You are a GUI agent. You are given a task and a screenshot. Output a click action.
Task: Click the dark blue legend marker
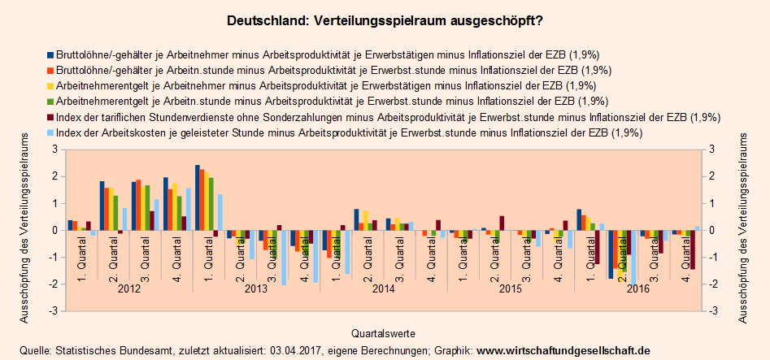pyautogui.click(x=50, y=55)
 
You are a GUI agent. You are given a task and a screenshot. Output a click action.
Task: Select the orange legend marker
pyautogui.click(x=50, y=71)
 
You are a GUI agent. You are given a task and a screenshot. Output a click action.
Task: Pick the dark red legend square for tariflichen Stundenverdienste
pyautogui.click(x=50, y=117)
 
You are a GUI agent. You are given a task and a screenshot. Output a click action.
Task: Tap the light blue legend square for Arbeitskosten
pyautogui.click(x=50, y=132)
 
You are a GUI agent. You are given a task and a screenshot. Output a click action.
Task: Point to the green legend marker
pyautogui.click(x=50, y=102)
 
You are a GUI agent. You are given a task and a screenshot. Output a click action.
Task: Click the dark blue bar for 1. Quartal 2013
pyautogui.click(x=198, y=197)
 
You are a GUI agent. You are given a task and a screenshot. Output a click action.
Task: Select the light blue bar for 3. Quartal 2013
pyautogui.click(x=284, y=258)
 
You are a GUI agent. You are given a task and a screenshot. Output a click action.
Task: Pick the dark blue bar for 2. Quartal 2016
pyautogui.click(x=611, y=254)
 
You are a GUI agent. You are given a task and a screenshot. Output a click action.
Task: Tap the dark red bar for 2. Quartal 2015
pyautogui.click(x=502, y=223)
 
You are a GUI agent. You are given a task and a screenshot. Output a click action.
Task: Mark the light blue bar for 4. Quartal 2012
pyautogui.click(x=188, y=210)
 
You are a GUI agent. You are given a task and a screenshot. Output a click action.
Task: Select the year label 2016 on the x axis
pyautogui.click(x=640, y=288)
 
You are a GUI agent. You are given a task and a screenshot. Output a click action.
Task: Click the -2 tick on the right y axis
pyautogui.click(x=713, y=284)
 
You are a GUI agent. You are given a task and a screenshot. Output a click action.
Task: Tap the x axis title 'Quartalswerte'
pyautogui.click(x=384, y=333)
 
